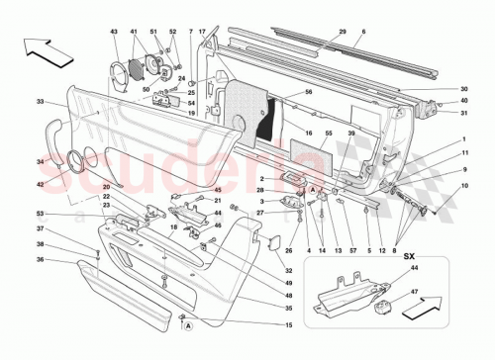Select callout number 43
[115, 32]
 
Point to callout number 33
[40, 101]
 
